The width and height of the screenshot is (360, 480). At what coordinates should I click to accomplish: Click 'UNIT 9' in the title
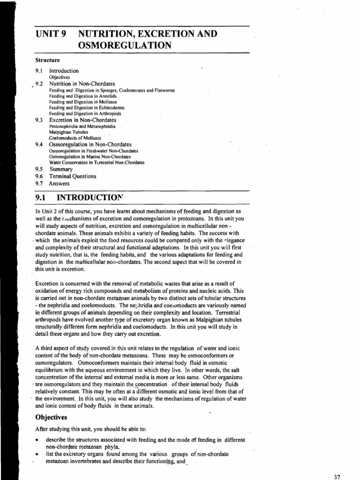pos(51,34)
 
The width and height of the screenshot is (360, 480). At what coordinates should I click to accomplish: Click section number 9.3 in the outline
pos(39,120)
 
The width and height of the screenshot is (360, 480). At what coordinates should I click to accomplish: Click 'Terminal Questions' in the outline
pos(73,176)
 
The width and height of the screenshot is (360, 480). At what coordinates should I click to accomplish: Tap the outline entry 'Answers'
pos(59,183)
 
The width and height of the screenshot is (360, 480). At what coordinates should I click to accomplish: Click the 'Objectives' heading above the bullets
pos(51,417)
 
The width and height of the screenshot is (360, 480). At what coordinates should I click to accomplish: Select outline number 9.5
pos(39,169)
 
